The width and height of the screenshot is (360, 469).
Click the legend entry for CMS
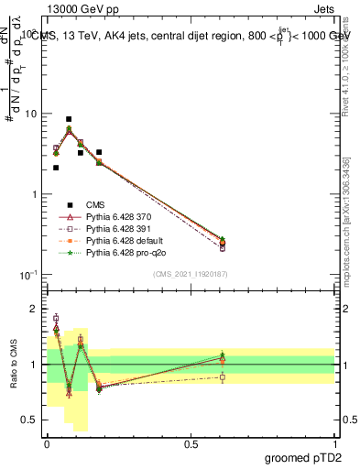point(93,204)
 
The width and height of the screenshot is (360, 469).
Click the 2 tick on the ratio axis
point(35,309)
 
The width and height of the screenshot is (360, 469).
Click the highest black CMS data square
point(69,119)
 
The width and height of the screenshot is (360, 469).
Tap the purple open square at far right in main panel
point(223,247)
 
